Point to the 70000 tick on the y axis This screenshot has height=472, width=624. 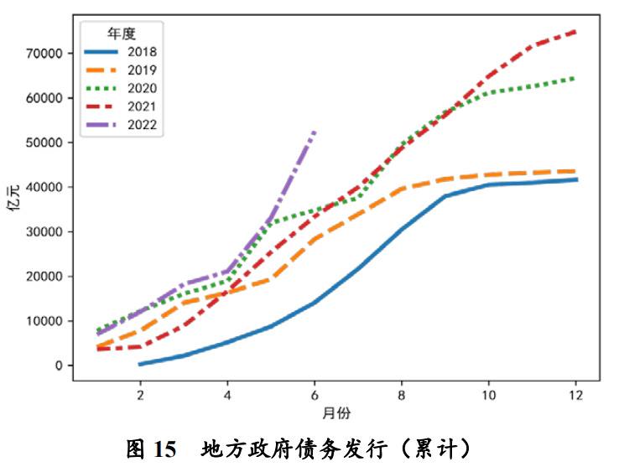44,53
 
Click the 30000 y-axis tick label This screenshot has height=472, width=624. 44,231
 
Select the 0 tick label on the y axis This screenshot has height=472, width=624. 58,366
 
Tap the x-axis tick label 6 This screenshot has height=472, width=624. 314,395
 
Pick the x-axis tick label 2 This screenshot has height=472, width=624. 139,395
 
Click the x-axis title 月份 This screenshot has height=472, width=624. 335,413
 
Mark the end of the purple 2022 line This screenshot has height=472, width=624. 315,132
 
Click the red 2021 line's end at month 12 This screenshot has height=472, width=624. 575,31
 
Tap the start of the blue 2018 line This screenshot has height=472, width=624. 140,364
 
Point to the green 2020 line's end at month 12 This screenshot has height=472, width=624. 575,78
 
